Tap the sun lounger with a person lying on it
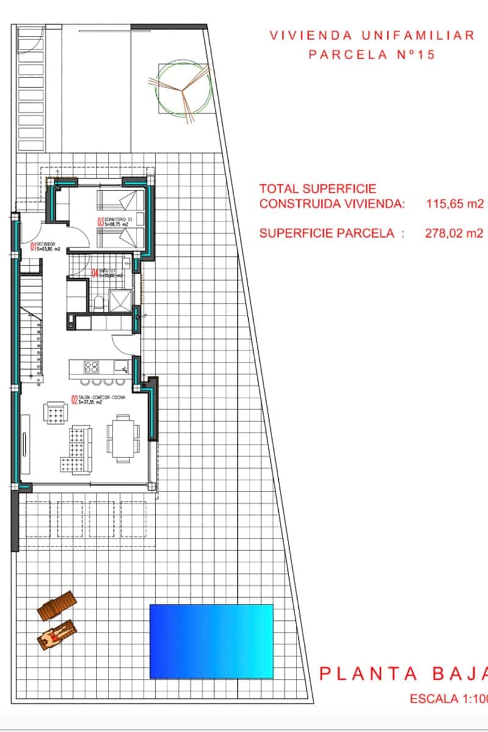[x=57, y=635]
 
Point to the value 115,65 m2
[x=454, y=204]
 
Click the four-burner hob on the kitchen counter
[x=91, y=367]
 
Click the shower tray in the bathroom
[x=120, y=300]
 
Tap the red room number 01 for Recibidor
[x=33, y=247]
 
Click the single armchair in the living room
[x=56, y=414]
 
